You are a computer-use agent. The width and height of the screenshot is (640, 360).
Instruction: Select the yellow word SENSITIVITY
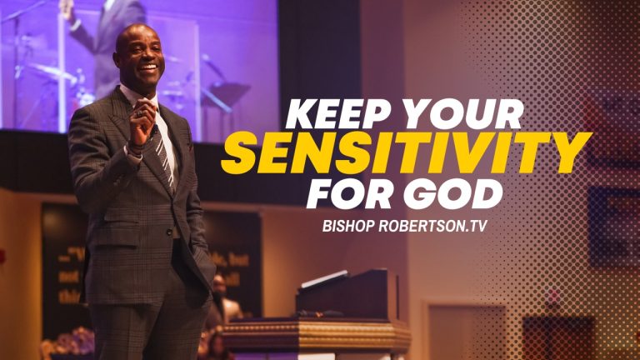pos(406,152)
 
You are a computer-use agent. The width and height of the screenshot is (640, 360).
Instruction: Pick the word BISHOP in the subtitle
pos(348,226)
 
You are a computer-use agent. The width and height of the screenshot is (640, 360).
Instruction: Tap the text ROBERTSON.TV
pos(433,226)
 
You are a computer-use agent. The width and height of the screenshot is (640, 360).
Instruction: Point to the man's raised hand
pos(142,122)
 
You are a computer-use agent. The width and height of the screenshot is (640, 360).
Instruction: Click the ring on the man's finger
pos(140,113)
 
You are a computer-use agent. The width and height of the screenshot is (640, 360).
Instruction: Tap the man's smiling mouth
pos(148,67)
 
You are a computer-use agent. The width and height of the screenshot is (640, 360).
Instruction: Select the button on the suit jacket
pos(169,232)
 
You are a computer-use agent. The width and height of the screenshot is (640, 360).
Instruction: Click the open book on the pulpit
pos(324,279)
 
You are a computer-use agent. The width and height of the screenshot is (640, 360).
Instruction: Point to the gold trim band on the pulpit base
pos(317,332)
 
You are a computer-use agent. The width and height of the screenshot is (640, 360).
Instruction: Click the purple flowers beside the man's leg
pos(72,340)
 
